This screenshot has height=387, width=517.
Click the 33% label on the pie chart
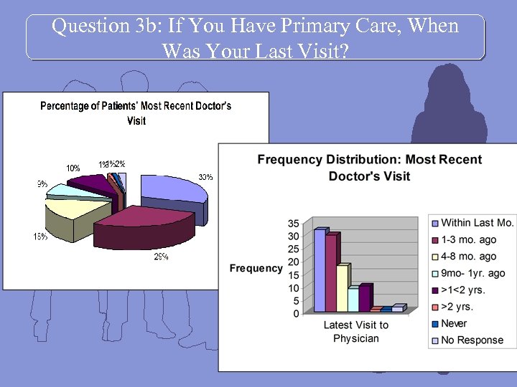205,177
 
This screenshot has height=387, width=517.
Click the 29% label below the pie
162,257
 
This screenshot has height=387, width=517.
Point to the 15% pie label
40,237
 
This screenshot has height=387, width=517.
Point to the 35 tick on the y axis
294,224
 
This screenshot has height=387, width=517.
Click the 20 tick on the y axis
294,262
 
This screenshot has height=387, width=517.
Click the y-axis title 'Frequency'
256,268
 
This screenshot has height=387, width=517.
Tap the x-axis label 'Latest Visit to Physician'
355,331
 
